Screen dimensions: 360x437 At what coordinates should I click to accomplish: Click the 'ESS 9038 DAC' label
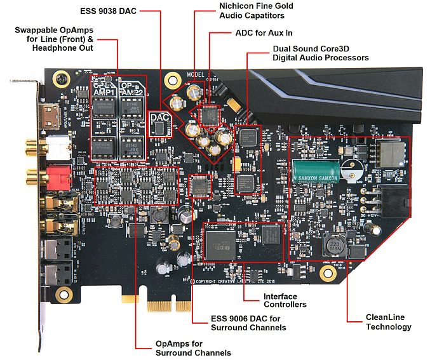pyautogui.click(x=109, y=11)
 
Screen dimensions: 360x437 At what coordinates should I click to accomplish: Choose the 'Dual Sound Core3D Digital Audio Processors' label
pyautogui.click(x=320, y=53)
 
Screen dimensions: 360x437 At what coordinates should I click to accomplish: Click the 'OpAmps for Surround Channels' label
pyautogui.click(x=193, y=348)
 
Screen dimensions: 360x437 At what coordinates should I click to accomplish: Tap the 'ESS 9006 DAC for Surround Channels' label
pyautogui.click(x=248, y=323)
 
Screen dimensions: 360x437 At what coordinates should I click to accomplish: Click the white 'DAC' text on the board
pyautogui.click(x=159, y=119)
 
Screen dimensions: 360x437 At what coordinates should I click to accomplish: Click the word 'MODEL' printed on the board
pyautogui.click(x=196, y=74)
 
